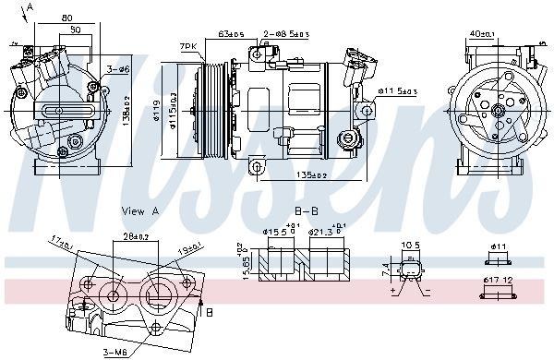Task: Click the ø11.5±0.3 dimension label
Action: coord(399,91)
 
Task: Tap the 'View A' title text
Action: coord(140,211)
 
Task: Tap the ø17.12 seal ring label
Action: coord(500,279)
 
